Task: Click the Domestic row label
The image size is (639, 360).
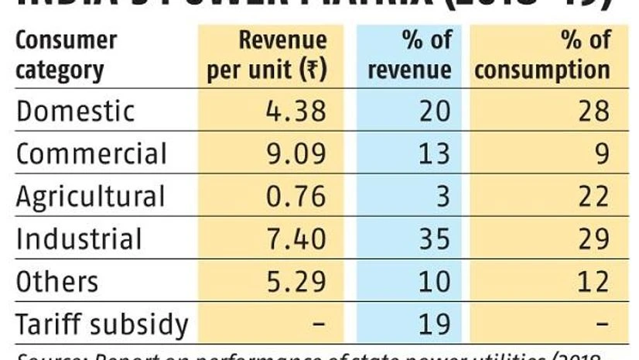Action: click(75, 111)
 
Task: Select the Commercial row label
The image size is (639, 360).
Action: click(91, 153)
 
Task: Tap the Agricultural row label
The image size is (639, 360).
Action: click(91, 197)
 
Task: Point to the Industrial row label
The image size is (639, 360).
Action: click(79, 238)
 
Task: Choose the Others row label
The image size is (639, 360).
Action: click(56, 281)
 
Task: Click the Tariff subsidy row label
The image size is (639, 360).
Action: click(101, 324)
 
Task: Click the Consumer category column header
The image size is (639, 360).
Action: click(66, 55)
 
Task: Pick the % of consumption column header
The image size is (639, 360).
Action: click(542, 55)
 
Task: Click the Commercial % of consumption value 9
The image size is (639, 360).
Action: click(601, 153)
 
